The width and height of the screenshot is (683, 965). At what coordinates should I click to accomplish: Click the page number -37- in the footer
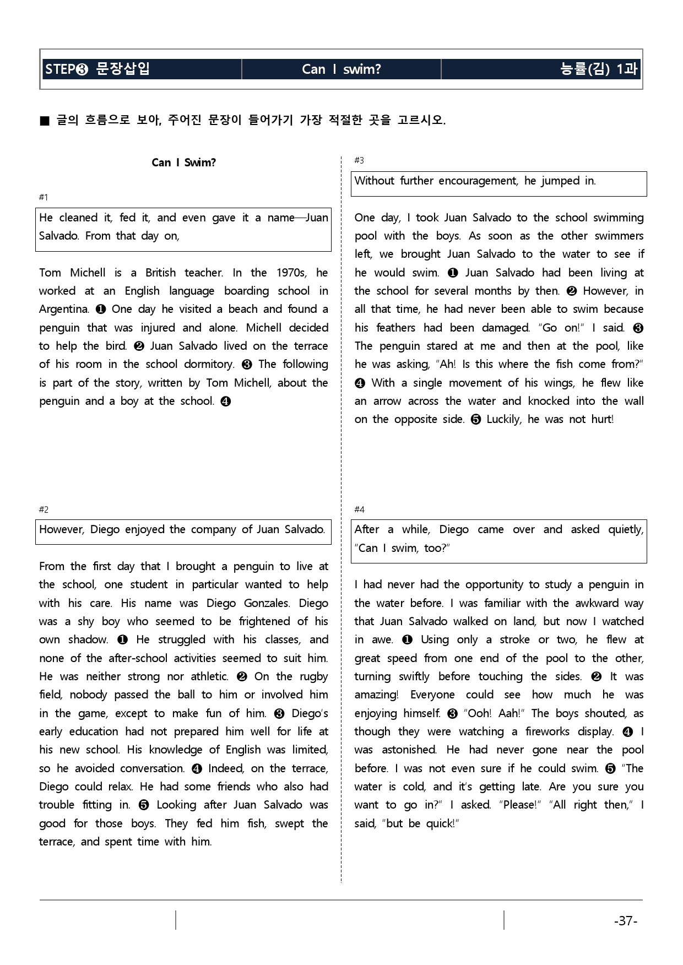pyautogui.click(x=625, y=921)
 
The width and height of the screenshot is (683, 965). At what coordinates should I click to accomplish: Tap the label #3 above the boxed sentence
pyautogui.click(x=359, y=160)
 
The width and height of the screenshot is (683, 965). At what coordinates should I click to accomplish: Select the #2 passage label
pyautogui.click(x=44, y=509)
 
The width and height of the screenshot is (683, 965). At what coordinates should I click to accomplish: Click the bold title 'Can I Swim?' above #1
pyautogui.click(x=184, y=162)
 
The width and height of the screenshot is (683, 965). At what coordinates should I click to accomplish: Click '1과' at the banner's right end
pyautogui.click(x=627, y=69)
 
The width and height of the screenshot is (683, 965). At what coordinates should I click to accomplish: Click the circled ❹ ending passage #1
pyautogui.click(x=225, y=402)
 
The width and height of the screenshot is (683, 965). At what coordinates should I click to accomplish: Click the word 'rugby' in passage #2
pyautogui.click(x=314, y=676)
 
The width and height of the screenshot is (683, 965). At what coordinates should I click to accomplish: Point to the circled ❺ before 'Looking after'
pyautogui.click(x=144, y=805)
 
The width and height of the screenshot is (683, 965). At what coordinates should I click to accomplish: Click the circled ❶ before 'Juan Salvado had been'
pyautogui.click(x=453, y=273)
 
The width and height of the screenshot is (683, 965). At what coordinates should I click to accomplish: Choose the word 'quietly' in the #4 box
pyautogui.click(x=626, y=529)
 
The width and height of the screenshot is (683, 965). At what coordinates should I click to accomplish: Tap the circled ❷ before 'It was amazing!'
pyautogui.click(x=596, y=676)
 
